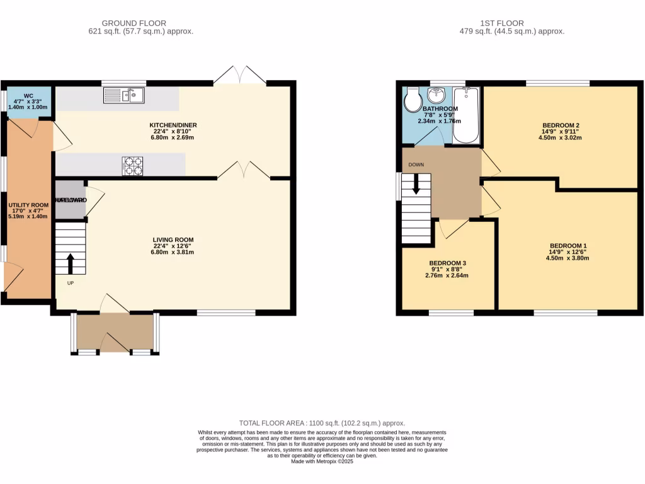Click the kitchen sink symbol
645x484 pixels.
pos(124,95)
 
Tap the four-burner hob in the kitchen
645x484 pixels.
pos(132,166)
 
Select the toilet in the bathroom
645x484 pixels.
pos(414,99)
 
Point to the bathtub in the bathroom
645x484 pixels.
pos(466,115)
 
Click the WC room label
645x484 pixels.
pos(28,96)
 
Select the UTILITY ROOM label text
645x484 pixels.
pos(28,205)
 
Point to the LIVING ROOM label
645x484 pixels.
pos(173,239)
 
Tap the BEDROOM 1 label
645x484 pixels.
pos(568,246)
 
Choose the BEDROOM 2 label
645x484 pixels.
pos(559,125)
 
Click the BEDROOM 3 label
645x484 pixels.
pos(448,263)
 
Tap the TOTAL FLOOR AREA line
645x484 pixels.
pos(322,423)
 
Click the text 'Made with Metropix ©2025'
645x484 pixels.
pos(322,461)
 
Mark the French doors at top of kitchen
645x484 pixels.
pos(239,76)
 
